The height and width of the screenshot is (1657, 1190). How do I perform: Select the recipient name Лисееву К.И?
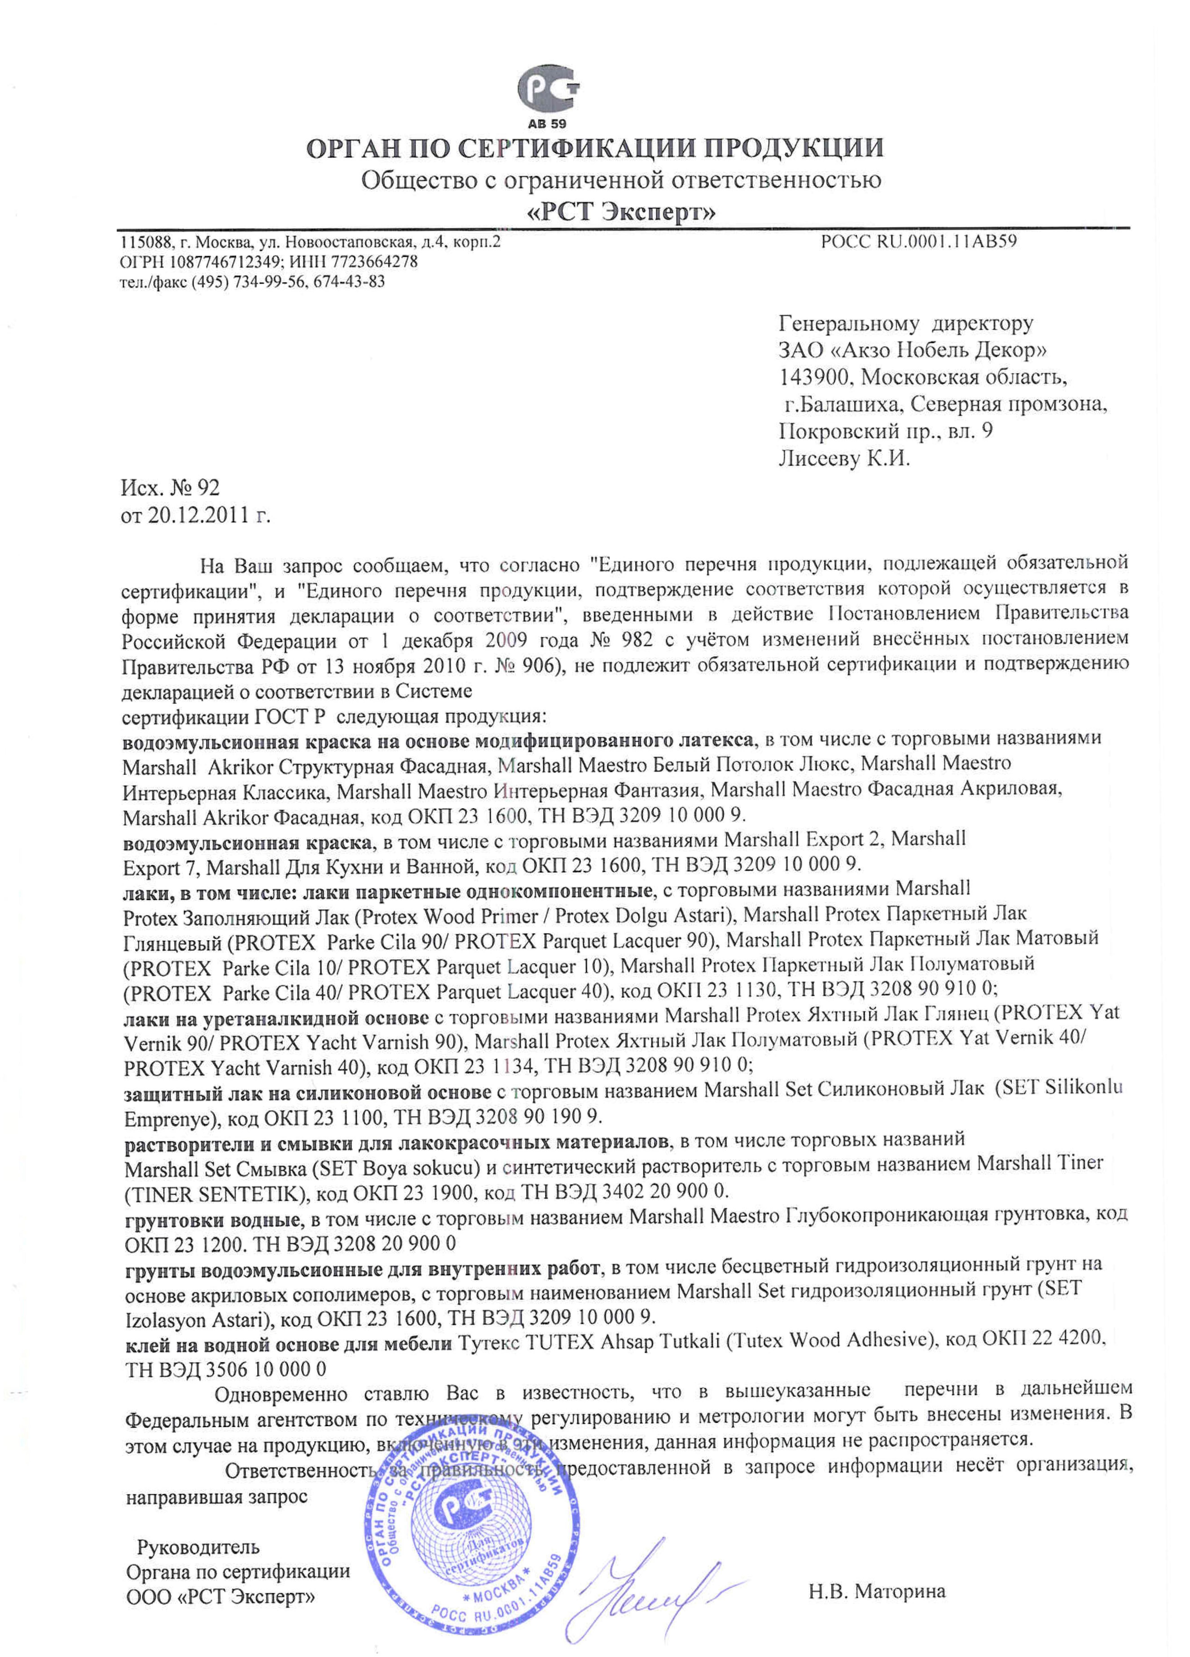[844, 459]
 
